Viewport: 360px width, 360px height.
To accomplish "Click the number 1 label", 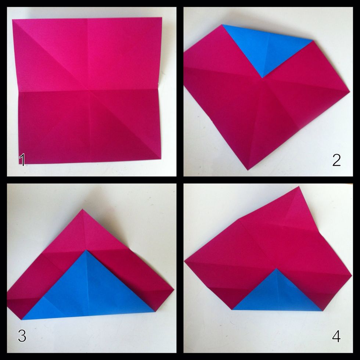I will coord(22,160).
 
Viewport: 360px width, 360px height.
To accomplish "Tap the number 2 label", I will coord(336,160).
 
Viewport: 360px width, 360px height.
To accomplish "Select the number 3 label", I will coord(22,336).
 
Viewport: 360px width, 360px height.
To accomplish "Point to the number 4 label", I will coord(336,336).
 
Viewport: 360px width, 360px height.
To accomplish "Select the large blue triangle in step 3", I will coord(88,290).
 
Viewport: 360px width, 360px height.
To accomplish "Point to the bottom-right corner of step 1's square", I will coord(161,159).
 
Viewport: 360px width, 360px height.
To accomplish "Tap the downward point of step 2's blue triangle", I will coord(262,78).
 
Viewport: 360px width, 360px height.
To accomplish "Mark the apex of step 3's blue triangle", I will coord(87,250).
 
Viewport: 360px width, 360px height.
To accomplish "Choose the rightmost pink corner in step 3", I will coord(173,290).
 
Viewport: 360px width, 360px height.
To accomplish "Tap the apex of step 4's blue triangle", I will coord(276,269).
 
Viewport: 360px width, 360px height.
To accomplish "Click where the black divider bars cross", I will coord(180,180).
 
